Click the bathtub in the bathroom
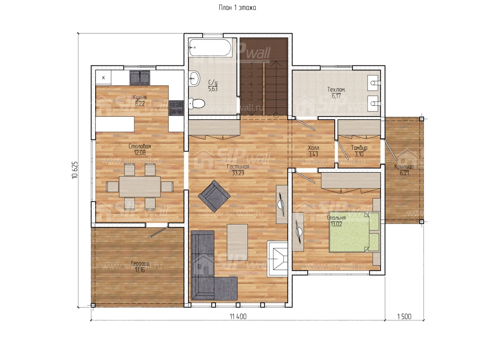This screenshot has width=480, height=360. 210,48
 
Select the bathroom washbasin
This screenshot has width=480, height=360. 194,78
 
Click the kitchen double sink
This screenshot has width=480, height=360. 140,77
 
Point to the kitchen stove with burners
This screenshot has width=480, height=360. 176,108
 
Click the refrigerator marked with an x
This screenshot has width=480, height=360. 104,78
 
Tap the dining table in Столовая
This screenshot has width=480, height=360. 140,186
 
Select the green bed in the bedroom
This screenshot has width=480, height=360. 354,232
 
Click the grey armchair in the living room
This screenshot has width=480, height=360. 214,196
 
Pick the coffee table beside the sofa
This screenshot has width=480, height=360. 237,242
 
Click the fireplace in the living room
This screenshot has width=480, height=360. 277,259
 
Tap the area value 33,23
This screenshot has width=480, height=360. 238,173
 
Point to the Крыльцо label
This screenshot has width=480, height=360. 404,166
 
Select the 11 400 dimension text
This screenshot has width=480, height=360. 238,316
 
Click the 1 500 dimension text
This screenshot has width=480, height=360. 404,316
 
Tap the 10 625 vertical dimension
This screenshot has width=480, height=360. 75,170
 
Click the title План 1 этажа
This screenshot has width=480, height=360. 237,8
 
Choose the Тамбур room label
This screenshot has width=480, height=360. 359,148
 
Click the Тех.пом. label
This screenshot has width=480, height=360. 336,90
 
